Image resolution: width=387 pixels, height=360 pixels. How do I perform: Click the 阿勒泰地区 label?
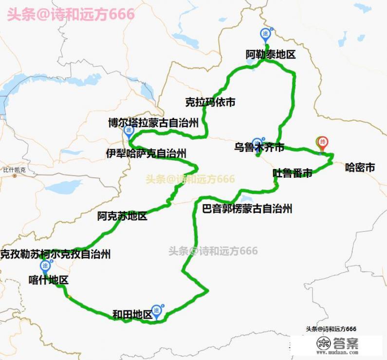(x=270, y=55)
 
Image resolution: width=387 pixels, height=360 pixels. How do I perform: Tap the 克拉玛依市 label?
(x=210, y=102)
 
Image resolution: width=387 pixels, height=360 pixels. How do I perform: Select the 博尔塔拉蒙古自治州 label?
(x=153, y=123)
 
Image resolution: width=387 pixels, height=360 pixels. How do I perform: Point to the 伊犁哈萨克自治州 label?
(x=146, y=153)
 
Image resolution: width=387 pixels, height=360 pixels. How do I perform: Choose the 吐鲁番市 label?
(x=292, y=173)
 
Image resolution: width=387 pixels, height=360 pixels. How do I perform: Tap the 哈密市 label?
(x=360, y=168)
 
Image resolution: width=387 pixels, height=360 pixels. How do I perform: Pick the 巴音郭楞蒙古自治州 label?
(x=247, y=209)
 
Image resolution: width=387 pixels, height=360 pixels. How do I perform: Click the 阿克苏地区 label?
(x=122, y=216)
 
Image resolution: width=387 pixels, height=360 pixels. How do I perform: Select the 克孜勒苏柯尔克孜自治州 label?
(x=55, y=254)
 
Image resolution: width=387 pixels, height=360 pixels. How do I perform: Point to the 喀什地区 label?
(x=48, y=280)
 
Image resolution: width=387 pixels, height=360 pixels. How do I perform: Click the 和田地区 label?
(x=132, y=315)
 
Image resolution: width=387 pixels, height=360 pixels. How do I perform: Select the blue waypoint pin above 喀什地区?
(x=45, y=266)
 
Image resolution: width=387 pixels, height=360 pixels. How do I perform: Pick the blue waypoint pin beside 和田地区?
(x=157, y=310)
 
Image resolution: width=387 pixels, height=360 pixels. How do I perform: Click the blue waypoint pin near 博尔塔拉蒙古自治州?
(x=129, y=131)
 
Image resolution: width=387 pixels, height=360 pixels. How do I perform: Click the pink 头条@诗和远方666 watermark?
(x=71, y=14)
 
